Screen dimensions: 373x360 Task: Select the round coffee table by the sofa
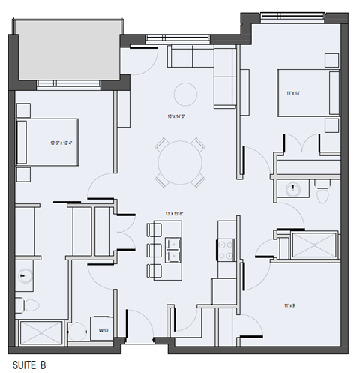[185, 94]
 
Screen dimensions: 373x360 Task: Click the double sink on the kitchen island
[174, 248]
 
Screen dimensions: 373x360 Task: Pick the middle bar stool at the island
[154, 250]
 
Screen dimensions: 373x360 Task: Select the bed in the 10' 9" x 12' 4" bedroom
[48, 141]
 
